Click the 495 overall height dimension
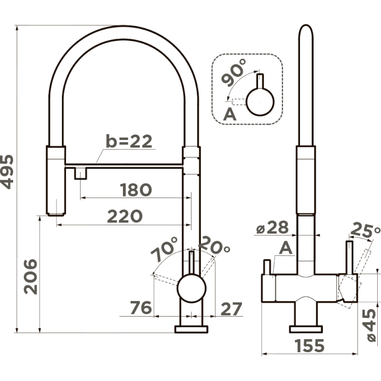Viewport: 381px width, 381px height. (x=7, y=172)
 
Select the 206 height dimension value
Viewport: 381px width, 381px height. (x=30, y=276)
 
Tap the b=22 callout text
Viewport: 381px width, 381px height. (x=129, y=142)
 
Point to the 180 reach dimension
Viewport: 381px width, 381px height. (x=136, y=190)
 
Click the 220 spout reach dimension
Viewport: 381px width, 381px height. (x=124, y=216)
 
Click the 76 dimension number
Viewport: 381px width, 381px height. (x=140, y=309)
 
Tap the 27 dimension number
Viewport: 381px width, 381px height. (x=231, y=309)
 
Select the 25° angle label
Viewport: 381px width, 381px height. (x=365, y=231)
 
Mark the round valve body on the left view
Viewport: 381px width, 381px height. (x=191, y=287)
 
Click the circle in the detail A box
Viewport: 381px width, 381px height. (x=260, y=101)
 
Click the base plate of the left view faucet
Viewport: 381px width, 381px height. (x=190, y=329)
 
